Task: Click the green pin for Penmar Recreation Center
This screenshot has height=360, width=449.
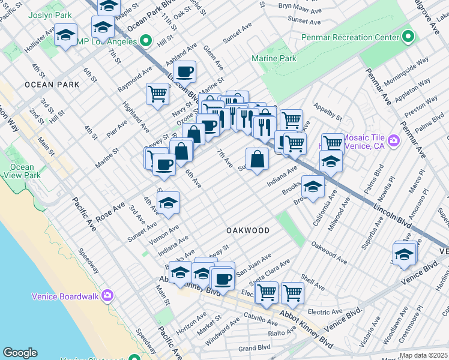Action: click(x=408, y=37)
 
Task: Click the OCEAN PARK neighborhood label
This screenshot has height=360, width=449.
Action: click(x=52, y=85)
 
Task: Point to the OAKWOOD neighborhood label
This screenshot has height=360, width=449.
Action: click(x=248, y=230)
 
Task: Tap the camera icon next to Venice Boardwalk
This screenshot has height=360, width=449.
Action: click(x=107, y=295)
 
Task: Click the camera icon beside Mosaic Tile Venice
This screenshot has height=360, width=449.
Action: click(x=394, y=141)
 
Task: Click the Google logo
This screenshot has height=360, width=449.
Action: click(x=20, y=353)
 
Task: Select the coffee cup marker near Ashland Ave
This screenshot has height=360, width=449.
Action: click(x=186, y=72)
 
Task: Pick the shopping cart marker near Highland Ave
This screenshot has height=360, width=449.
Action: click(x=157, y=94)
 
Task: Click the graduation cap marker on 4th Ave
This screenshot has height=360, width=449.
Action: click(x=169, y=203)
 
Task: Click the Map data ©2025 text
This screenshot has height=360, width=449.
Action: click(x=423, y=355)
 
